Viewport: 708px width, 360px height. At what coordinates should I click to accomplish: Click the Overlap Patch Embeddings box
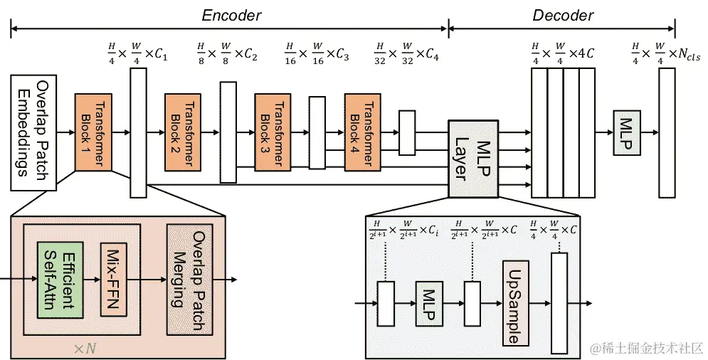33,133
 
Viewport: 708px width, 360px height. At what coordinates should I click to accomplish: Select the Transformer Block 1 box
93,132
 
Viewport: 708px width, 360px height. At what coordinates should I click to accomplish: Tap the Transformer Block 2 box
182,132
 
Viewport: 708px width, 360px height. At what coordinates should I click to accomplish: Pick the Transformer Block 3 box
273,132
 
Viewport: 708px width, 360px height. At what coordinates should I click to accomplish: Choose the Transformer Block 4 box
362,132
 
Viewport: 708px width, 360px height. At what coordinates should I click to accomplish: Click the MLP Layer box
473,159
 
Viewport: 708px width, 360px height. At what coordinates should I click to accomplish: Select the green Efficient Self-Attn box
60,280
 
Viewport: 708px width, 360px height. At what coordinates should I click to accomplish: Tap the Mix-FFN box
113,280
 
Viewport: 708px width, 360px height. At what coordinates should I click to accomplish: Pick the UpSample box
516,303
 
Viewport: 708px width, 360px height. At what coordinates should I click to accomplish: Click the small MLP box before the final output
627,133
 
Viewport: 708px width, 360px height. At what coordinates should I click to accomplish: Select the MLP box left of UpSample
429,304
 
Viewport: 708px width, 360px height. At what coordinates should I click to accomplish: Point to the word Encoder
231,16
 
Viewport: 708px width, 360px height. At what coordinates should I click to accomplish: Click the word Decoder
563,16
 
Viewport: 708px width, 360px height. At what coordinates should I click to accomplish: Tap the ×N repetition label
85,349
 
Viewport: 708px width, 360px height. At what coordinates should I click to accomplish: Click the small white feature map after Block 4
407,133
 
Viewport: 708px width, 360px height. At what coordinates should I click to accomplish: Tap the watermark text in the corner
647,348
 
